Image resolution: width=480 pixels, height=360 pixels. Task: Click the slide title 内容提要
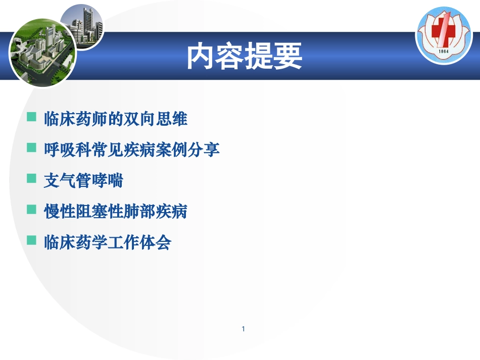pyautogui.click(x=245, y=57)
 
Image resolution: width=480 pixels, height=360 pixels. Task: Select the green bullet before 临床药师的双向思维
pyautogui.click(x=32, y=118)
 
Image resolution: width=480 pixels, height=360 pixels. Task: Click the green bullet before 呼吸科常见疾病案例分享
pyautogui.click(x=32, y=148)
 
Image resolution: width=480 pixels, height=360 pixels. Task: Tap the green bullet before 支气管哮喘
pyautogui.click(x=32, y=179)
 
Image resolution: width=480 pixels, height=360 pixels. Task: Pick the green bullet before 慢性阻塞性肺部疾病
pyautogui.click(x=32, y=210)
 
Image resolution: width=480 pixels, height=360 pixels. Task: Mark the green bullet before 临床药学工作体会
pyautogui.click(x=32, y=241)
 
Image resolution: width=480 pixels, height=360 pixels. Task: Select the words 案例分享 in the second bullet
pyautogui.click(x=188, y=150)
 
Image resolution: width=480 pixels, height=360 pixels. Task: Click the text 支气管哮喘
pyautogui.click(x=83, y=181)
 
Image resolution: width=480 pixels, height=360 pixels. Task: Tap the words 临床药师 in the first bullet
pyautogui.click(x=76, y=119)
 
